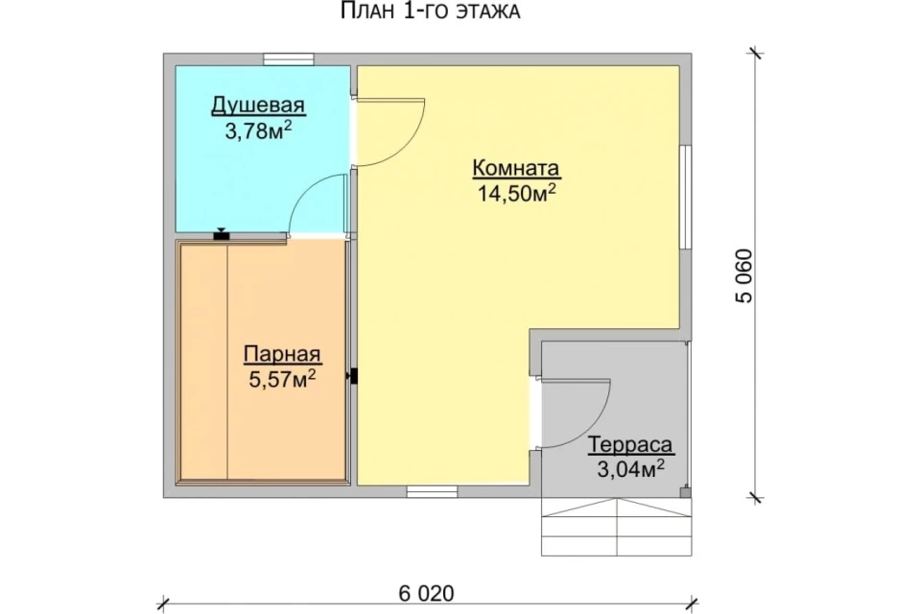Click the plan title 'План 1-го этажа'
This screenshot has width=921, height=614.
point(430,11)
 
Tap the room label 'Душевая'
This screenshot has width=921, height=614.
point(258,106)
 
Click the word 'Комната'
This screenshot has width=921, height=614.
point(516,168)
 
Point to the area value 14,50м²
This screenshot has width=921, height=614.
point(516,193)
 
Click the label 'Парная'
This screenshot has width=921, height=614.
point(282,354)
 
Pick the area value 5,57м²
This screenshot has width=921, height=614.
point(282,379)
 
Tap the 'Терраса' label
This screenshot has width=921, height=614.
point(630,445)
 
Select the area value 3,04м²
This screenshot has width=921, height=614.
point(630,469)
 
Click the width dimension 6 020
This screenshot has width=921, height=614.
point(426,594)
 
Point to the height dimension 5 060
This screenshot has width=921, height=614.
point(744,276)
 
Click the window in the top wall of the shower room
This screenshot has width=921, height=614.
point(289,59)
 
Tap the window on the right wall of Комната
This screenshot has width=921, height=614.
point(685,197)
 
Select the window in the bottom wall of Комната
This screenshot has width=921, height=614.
point(433,492)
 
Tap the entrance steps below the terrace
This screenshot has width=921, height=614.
point(616,527)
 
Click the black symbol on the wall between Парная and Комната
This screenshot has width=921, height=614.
point(353,376)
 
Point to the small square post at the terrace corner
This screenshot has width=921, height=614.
point(685,492)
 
